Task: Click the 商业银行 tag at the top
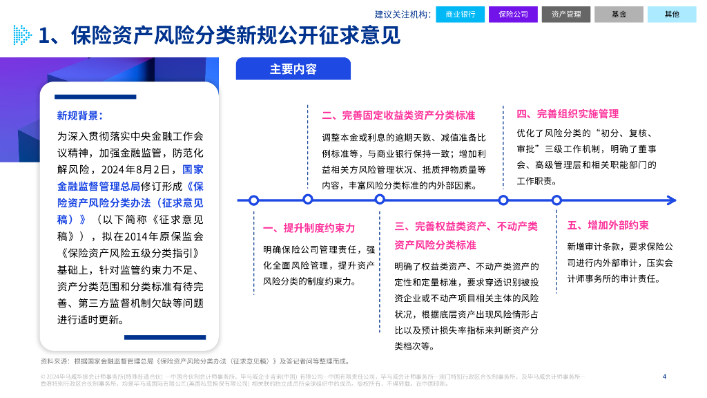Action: pos(460,14)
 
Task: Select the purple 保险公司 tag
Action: pos(513,14)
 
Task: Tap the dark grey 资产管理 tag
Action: pos(566,14)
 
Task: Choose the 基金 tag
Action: pos(619,14)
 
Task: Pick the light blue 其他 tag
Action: pos(672,14)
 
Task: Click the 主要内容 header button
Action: pos(293,69)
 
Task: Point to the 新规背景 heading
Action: pos(79,115)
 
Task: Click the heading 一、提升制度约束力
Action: pos(309,229)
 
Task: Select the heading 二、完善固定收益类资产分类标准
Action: pos(398,115)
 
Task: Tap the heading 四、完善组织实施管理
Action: pos(568,114)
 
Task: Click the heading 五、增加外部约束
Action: pos(608,225)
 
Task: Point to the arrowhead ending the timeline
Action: pos(672,200)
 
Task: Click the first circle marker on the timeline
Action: pos(254,200)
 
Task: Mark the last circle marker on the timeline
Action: pos(556,200)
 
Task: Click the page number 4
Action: pos(664,377)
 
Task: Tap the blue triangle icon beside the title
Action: pos(22,35)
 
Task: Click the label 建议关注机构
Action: pos(403,14)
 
